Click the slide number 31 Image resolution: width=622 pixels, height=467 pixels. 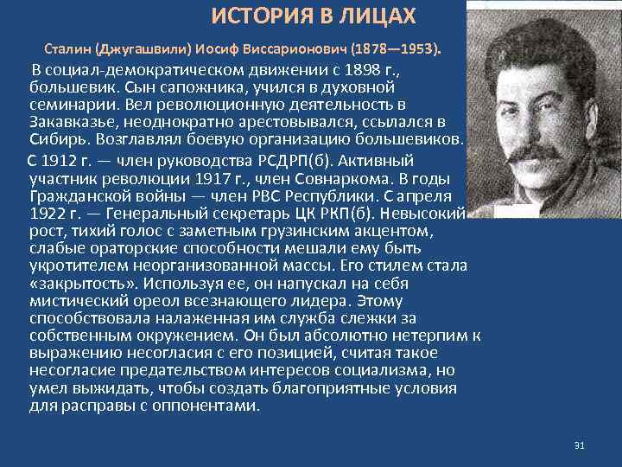click(x=579, y=446)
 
